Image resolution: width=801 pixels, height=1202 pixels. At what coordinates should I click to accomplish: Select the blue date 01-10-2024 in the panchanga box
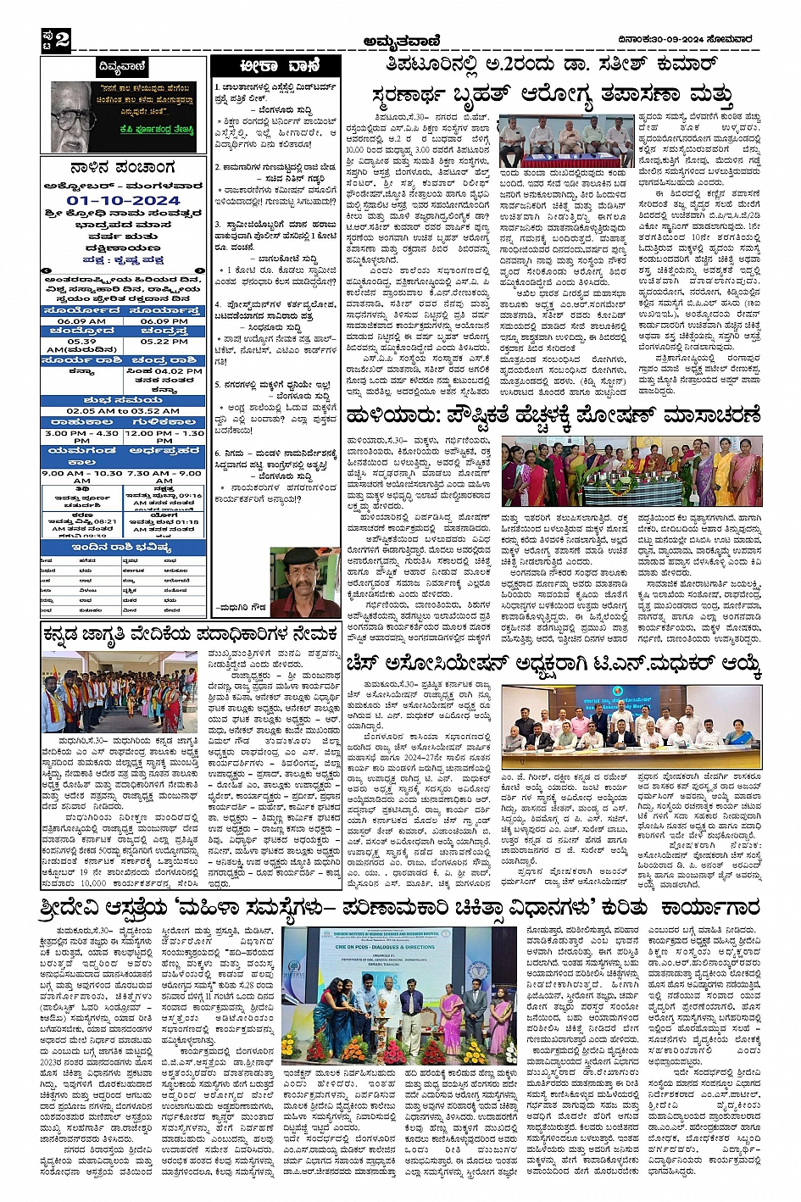click(x=124, y=201)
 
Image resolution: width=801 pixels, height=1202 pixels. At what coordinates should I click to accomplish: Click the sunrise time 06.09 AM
click(x=81, y=321)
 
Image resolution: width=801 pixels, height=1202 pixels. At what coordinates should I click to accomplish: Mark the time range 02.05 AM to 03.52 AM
click(x=123, y=410)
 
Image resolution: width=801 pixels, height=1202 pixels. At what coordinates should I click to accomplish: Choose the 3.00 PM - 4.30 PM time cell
click(x=81, y=437)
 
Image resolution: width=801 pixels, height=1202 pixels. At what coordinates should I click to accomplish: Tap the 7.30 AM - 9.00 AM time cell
click(x=164, y=476)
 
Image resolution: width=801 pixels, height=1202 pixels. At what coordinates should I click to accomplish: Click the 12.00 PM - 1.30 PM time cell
click(x=164, y=437)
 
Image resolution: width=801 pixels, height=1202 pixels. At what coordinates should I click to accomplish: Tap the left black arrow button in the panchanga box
click(x=48, y=271)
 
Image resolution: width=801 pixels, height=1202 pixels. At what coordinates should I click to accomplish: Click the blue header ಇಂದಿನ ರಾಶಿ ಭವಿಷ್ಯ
click(x=123, y=548)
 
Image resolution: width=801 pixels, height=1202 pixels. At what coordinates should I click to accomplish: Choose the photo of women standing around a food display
click(x=630, y=473)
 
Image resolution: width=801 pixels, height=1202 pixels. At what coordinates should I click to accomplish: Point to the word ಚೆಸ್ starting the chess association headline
click(x=366, y=664)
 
